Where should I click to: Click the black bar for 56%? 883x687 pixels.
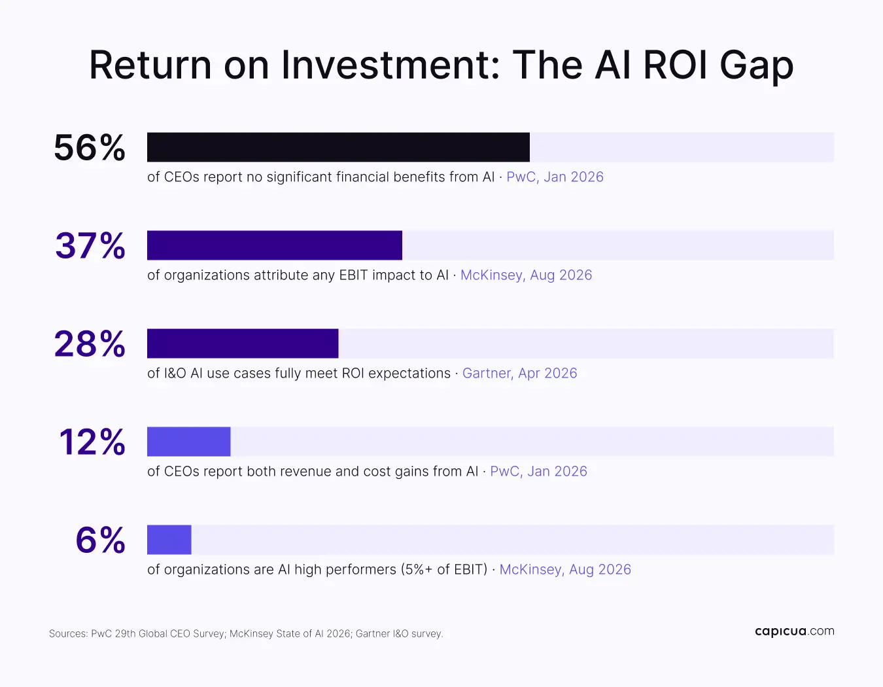[338, 147]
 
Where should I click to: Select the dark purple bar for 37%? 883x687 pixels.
[275, 245]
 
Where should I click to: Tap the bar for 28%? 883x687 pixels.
[243, 343]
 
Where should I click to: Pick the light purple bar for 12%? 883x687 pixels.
[188, 442]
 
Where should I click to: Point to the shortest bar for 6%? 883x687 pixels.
[169, 539]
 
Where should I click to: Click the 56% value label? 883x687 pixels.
[90, 148]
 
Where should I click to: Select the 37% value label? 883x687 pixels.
[90, 245]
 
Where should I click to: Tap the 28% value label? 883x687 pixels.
[90, 344]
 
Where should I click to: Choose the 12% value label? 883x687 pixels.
[92, 442]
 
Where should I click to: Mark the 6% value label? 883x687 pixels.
[100, 540]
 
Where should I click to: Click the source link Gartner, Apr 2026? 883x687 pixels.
[520, 373]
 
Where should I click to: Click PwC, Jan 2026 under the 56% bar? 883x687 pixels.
[555, 177]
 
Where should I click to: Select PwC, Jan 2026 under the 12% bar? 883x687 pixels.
[539, 471]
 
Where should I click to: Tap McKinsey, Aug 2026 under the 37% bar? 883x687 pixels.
[527, 275]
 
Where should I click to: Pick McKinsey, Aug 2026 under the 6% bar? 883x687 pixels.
[565, 569]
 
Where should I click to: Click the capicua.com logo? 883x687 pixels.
[795, 631]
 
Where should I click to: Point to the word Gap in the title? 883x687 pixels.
[756, 66]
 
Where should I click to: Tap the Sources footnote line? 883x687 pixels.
[246, 634]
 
